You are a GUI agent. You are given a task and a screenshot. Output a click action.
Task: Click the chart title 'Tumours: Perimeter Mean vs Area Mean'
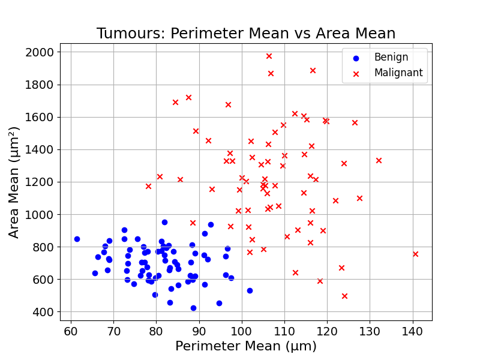[x=246, y=34]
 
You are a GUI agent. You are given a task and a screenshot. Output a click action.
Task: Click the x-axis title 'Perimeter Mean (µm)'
[x=246, y=346]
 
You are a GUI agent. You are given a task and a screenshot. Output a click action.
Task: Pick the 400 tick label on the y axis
[x=44, y=312]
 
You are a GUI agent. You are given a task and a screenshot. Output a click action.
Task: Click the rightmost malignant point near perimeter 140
[x=415, y=254]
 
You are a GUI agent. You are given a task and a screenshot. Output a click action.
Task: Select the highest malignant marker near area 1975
[x=269, y=56]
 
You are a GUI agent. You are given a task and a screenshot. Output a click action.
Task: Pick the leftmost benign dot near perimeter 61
[x=77, y=239]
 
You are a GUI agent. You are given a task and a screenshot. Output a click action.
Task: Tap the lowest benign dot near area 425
[x=193, y=308]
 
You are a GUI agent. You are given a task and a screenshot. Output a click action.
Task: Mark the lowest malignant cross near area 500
[x=344, y=296]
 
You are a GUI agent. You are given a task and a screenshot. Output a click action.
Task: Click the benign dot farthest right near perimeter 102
[x=250, y=290]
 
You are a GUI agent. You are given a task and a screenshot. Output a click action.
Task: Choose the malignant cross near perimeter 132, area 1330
[x=379, y=160]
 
